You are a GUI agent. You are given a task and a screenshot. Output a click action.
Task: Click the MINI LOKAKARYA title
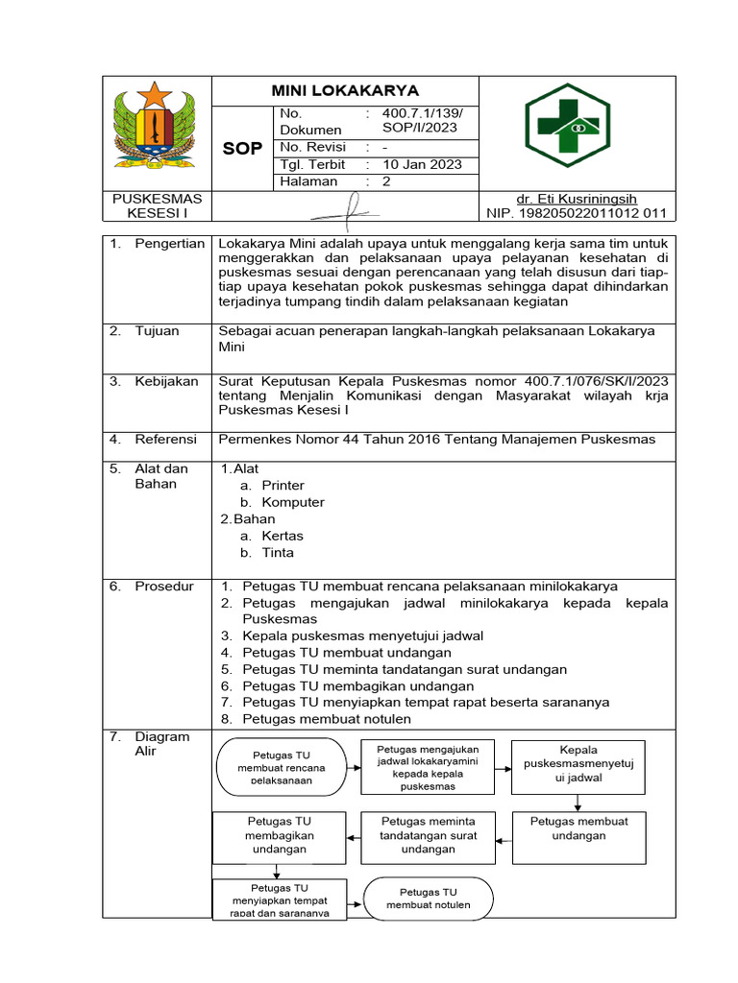coord(345,91)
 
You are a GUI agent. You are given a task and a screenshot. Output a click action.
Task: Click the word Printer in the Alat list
coord(283,486)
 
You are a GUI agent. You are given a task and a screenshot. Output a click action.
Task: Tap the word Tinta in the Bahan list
coord(278,552)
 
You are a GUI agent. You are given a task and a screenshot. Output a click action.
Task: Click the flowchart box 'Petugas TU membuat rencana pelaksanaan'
coord(282,768)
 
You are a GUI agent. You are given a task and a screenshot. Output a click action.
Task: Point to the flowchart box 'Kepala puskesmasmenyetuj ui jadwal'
coord(578,764)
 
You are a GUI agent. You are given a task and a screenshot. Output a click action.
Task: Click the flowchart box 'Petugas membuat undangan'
coord(578,828)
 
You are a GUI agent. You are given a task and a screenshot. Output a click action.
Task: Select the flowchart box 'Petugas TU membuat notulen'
coord(428,899)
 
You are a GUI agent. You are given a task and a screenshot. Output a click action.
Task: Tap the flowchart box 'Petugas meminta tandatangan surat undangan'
coord(428,835)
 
